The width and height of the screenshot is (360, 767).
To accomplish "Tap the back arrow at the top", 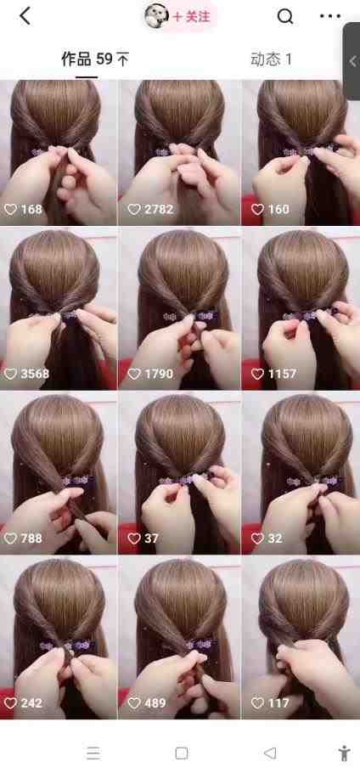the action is [25, 16].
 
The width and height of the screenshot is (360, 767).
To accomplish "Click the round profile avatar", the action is [156, 16].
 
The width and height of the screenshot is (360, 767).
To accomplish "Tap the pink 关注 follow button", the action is [191, 17].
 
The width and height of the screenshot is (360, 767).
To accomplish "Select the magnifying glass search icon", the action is [285, 17].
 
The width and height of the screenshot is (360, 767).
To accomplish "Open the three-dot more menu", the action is [330, 16].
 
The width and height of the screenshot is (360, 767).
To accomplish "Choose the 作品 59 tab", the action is [95, 59].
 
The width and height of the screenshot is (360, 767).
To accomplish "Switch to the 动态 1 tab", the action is [271, 59].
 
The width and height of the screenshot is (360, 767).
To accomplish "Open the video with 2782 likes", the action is [179, 153].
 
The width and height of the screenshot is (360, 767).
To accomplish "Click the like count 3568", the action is [35, 374].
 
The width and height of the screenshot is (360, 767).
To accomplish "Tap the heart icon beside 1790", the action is [134, 374].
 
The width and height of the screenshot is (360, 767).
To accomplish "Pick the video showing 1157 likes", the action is [301, 308].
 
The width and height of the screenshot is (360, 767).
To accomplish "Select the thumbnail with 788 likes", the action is [59, 473].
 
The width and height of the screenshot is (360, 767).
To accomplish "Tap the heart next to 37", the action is [134, 538].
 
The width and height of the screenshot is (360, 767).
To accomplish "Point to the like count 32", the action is [275, 538].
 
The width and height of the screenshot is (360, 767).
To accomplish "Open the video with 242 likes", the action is [59, 637].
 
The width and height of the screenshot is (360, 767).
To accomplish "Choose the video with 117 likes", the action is [301, 637].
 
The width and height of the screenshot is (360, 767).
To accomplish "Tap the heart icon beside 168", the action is [11, 209].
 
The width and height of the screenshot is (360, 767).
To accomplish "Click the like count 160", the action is [278, 209].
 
